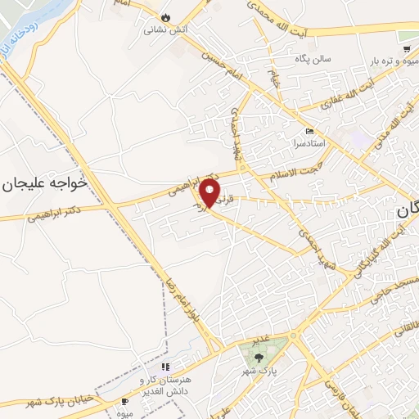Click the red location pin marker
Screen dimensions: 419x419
(x=210, y=193)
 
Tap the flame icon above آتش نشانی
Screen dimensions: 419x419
(x=165, y=16)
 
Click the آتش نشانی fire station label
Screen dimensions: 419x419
(x=163, y=29)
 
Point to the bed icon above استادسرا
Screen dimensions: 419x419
(x=309, y=131)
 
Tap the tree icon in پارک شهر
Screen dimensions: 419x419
(x=259, y=354)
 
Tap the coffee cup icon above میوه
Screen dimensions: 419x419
(x=124, y=402)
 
